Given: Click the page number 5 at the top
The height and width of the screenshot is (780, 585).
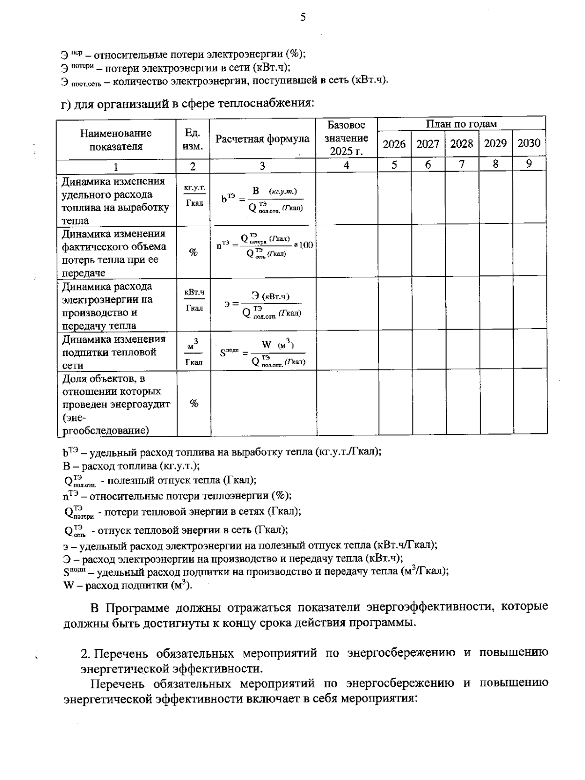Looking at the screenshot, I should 303,18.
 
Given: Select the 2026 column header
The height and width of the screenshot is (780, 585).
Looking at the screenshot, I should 394,144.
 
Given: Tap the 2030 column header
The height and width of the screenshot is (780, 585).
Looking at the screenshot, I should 528,143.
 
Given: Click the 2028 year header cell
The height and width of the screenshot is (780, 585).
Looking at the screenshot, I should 461,144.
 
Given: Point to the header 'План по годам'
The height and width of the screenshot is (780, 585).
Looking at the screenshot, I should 461,124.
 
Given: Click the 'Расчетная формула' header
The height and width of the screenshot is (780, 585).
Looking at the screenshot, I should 262,139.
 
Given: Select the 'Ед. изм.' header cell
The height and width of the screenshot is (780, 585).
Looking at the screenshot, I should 193,139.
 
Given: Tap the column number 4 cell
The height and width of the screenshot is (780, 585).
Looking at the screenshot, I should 346,166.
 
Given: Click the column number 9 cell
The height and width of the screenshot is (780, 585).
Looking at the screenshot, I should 528,164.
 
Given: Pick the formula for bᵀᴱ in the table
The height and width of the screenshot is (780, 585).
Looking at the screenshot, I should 262,199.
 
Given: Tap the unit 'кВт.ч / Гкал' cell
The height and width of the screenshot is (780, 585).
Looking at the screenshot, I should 194,300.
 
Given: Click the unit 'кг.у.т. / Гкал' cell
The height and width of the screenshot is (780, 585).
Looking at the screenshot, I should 194,195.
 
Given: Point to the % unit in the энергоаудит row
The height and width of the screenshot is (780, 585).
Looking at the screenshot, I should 194,404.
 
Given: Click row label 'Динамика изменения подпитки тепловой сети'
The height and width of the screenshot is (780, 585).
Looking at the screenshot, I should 114,352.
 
